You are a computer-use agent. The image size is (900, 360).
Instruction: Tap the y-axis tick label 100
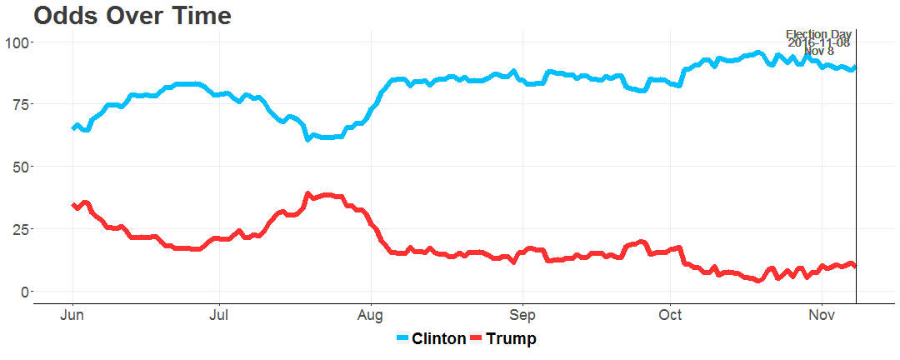pos(17,42)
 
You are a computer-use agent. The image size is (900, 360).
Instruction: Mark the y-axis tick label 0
pos(24,292)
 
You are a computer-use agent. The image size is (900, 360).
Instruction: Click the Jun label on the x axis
pos(72,316)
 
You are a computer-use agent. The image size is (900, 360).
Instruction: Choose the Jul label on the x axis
pos(219,316)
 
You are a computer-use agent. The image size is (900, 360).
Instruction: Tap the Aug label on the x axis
pos(371,316)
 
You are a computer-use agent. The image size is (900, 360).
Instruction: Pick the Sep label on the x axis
pos(522,316)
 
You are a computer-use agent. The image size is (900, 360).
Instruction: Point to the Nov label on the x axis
pos(822,316)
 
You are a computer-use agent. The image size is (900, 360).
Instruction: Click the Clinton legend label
pos(439,339)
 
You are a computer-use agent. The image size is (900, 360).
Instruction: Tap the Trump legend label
pos(511,339)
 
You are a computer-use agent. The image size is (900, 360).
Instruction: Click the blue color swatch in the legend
pos(402,339)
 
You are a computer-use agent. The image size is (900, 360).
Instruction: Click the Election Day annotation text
pos(818,35)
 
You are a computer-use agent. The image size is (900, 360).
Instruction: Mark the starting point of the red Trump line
pos(73,205)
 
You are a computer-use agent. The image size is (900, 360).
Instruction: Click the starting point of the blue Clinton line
pos(73,128)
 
